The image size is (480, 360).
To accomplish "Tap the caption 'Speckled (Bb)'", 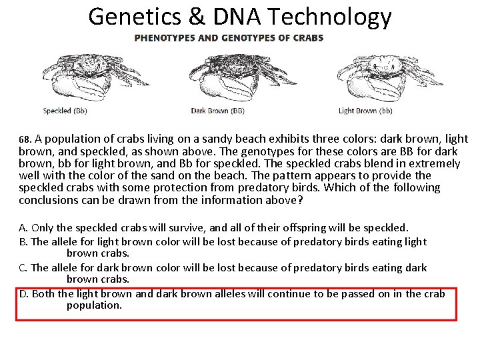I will [65, 111].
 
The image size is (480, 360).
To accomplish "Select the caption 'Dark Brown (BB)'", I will [218, 111].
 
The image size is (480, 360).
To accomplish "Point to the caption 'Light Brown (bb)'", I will [365, 111].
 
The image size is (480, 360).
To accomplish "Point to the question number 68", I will [25, 140].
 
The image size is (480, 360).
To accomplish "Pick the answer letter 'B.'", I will [23, 241].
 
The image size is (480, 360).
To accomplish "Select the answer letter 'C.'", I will [23, 267].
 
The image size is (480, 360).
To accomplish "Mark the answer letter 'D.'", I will [24, 293].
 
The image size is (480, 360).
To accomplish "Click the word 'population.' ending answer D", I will [94, 305].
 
